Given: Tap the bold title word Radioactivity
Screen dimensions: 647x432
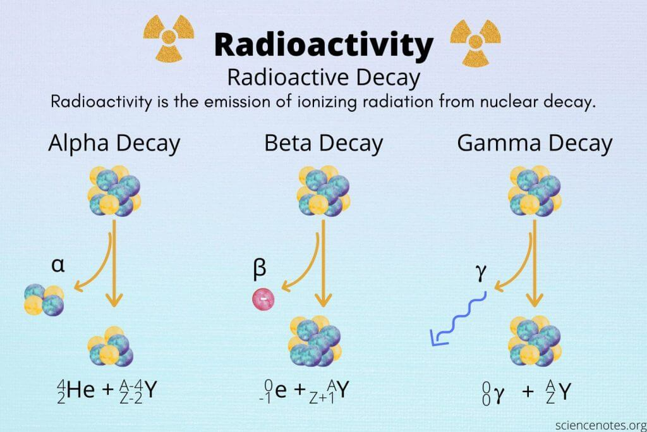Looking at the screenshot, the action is pos(323,44).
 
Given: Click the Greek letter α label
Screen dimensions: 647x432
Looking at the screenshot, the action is pos(59,265).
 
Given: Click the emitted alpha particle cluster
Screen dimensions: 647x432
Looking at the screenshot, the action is pos(44,298).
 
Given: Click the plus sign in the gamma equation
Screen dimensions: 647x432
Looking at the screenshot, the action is pos(528,393).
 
